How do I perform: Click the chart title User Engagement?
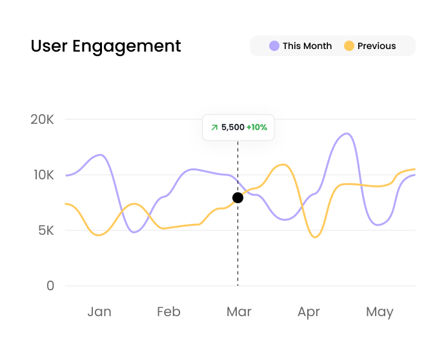click(x=106, y=46)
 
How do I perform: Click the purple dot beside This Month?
click(x=274, y=46)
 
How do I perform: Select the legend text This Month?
click(x=307, y=46)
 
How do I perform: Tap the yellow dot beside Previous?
click(x=349, y=46)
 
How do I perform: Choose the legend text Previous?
click(x=377, y=46)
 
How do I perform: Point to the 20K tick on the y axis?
click(x=42, y=119)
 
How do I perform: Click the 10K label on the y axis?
click(x=42, y=175)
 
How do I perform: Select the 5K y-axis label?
click(x=45, y=230)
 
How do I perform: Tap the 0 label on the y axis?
click(x=50, y=285)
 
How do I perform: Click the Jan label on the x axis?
click(x=99, y=312)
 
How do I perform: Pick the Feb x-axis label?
click(x=168, y=312)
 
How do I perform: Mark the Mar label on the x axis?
click(x=239, y=312)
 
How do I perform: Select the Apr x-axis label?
click(x=309, y=312)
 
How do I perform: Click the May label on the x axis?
click(x=380, y=312)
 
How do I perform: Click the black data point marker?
click(x=238, y=197)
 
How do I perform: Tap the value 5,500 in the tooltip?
click(x=232, y=127)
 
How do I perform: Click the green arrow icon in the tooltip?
click(x=214, y=127)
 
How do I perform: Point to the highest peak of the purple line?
click(x=347, y=134)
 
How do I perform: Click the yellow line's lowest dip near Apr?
click(x=314, y=237)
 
